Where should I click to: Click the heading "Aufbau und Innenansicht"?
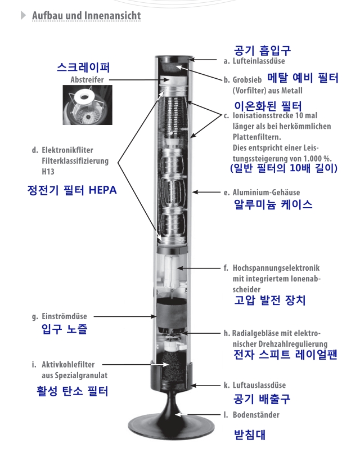click(x=87, y=16)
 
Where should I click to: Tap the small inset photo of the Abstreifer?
click(x=88, y=105)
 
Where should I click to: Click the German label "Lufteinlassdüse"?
click(x=259, y=61)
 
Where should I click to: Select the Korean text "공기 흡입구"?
click(x=262, y=50)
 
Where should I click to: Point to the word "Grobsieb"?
click(x=247, y=79)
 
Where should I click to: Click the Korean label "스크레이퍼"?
click(x=83, y=67)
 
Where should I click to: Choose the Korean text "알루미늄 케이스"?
click(x=273, y=204)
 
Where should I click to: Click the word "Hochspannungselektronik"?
click(x=276, y=268)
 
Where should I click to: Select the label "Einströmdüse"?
click(x=64, y=316)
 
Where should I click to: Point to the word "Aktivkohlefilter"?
click(x=68, y=364)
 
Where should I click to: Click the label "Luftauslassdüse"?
click(x=259, y=385)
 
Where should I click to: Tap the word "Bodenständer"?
click(x=256, y=415)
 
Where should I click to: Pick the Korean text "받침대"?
click(x=249, y=435)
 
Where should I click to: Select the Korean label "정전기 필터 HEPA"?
click(x=72, y=190)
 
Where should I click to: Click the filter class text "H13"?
click(x=48, y=172)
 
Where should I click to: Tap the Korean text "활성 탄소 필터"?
click(x=72, y=391)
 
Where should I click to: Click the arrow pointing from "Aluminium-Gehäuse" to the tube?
click(x=206, y=192)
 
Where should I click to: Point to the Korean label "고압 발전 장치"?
click(x=269, y=300)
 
